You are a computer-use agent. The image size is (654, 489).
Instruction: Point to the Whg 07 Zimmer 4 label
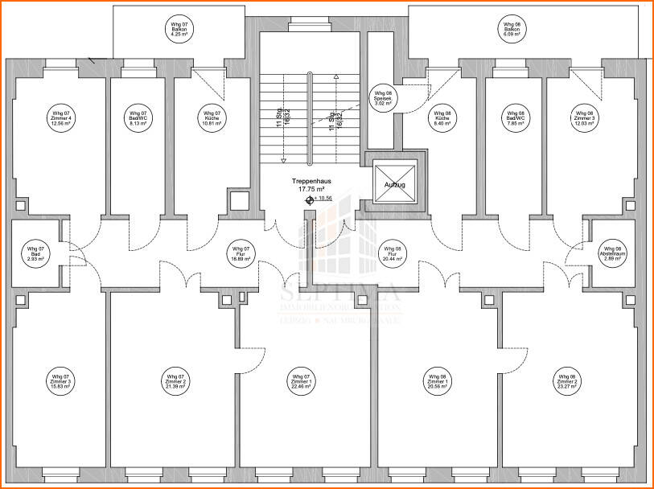click(61, 118)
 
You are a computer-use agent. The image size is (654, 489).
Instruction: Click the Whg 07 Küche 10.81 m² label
click(211, 118)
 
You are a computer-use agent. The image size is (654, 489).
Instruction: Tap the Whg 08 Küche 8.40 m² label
click(442, 118)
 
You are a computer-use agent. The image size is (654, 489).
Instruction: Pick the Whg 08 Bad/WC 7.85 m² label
click(514, 118)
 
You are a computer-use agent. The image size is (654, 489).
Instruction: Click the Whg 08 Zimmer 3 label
click(583, 118)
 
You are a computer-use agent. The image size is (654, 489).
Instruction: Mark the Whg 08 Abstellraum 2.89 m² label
click(612, 254)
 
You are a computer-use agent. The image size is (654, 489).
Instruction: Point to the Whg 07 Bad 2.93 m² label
click(35, 254)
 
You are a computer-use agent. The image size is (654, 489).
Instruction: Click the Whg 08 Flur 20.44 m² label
click(392, 254)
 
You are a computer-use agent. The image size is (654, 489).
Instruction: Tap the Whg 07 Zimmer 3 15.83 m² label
click(61, 381)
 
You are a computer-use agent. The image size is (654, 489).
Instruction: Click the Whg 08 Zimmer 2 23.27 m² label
click(567, 381)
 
